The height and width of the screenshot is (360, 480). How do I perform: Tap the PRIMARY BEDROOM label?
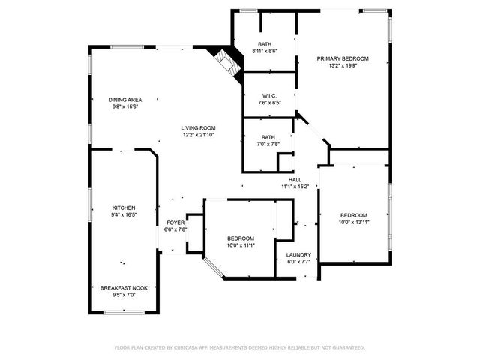click(x=343, y=58)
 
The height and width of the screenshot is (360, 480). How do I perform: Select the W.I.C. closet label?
click(x=269, y=96)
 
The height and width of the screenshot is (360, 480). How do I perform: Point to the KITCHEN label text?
click(x=124, y=208)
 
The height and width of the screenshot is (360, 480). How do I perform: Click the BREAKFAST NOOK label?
click(x=124, y=288)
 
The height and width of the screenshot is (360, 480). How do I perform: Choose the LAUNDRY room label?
click(x=298, y=255)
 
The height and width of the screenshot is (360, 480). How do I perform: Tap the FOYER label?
click(x=175, y=223)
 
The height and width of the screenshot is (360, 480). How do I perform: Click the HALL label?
click(x=295, y=180)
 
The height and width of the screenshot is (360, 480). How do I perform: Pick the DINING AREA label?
click(x=125, y=100)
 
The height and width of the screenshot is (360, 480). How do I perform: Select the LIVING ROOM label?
click(x=198, y=128)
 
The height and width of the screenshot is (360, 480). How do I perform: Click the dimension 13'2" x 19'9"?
click(x=343, y=65)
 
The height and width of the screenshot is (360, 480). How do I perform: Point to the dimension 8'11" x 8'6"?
click(x=265, y=51)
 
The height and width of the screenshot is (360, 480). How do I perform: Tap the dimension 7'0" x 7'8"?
click(x=268, y=144)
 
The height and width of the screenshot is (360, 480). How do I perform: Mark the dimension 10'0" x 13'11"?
click(x=354, y=223)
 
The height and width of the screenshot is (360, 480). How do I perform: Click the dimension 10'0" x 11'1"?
click(x=241, y=245)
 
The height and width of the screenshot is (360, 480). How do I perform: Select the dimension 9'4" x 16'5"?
click(x=124, y=215)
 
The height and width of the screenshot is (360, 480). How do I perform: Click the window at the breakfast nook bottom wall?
click(x=124, y=312)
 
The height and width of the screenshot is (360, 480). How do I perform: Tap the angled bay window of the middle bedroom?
click(x=213, y=267)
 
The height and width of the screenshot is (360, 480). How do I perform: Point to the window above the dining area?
click(x=127, y=47)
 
